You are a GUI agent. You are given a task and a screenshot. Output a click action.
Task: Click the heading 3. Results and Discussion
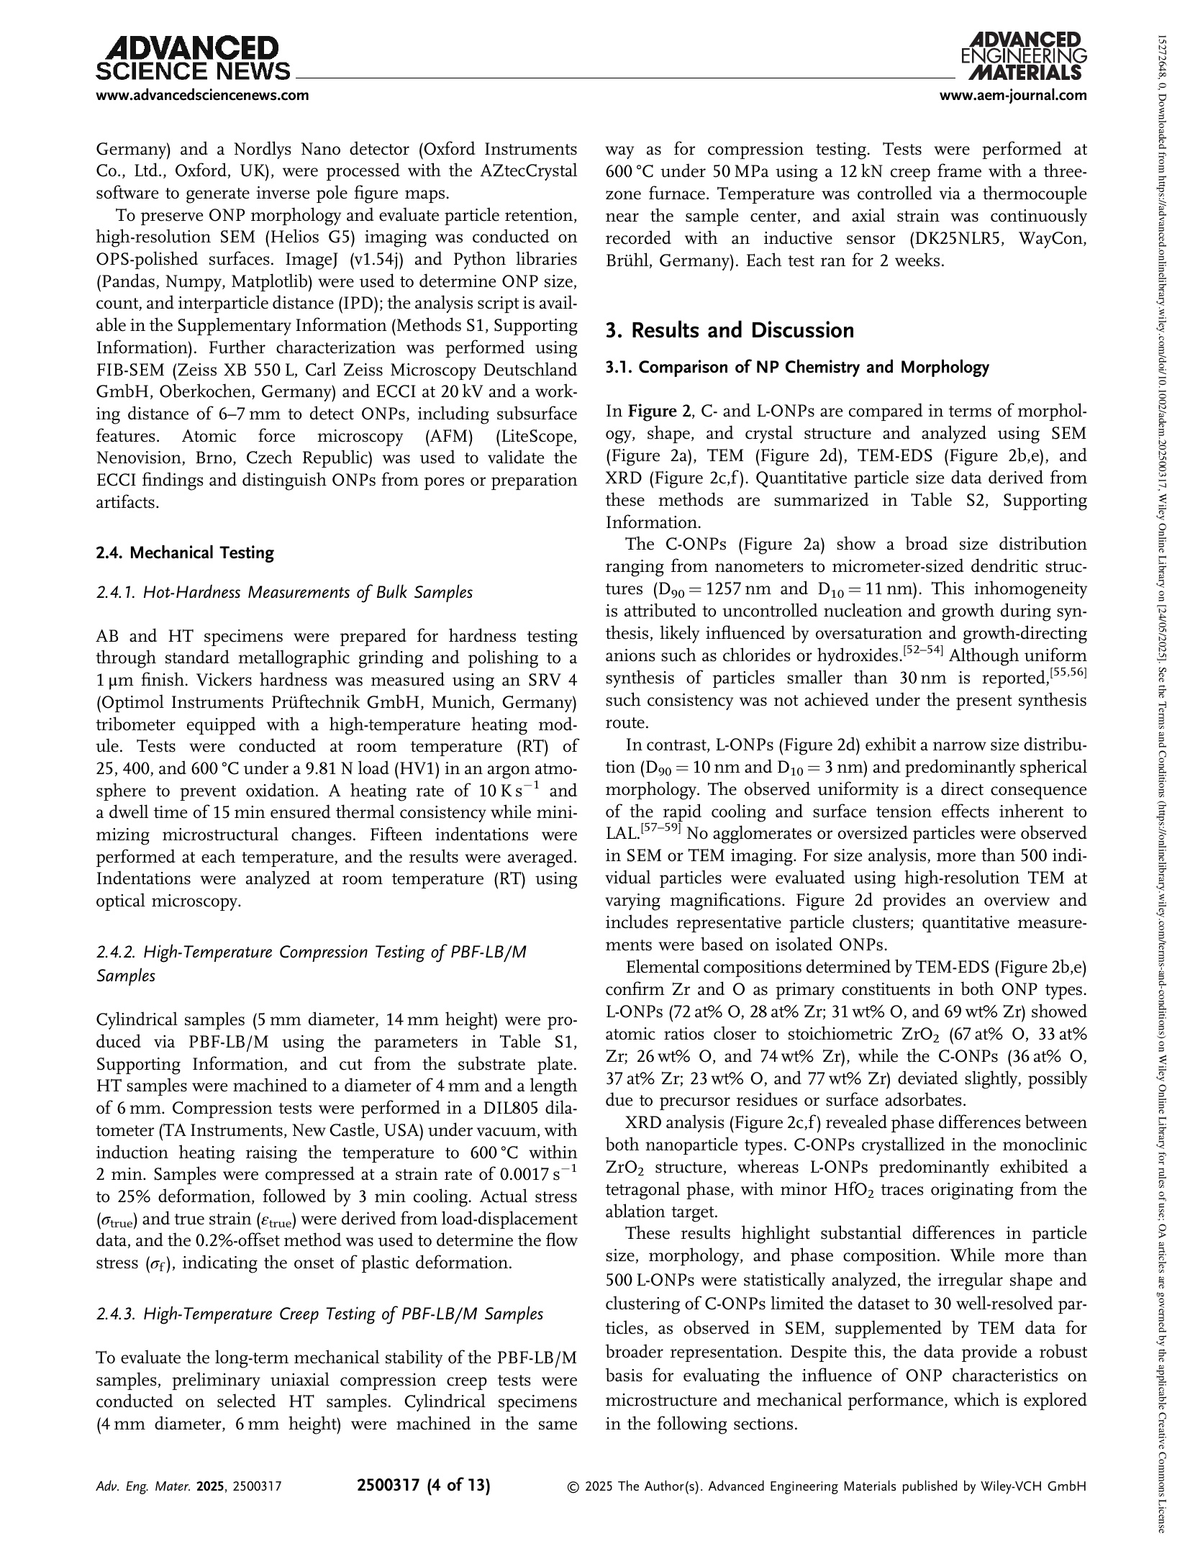(x=730, y=330)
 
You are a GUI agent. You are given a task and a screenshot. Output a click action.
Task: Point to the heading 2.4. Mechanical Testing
(x=185, y=553)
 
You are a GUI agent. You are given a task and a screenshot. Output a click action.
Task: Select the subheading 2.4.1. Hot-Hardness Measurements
(x=284, y=592)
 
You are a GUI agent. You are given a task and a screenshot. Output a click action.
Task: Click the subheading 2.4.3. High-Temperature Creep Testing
(x=319, y=1314)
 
